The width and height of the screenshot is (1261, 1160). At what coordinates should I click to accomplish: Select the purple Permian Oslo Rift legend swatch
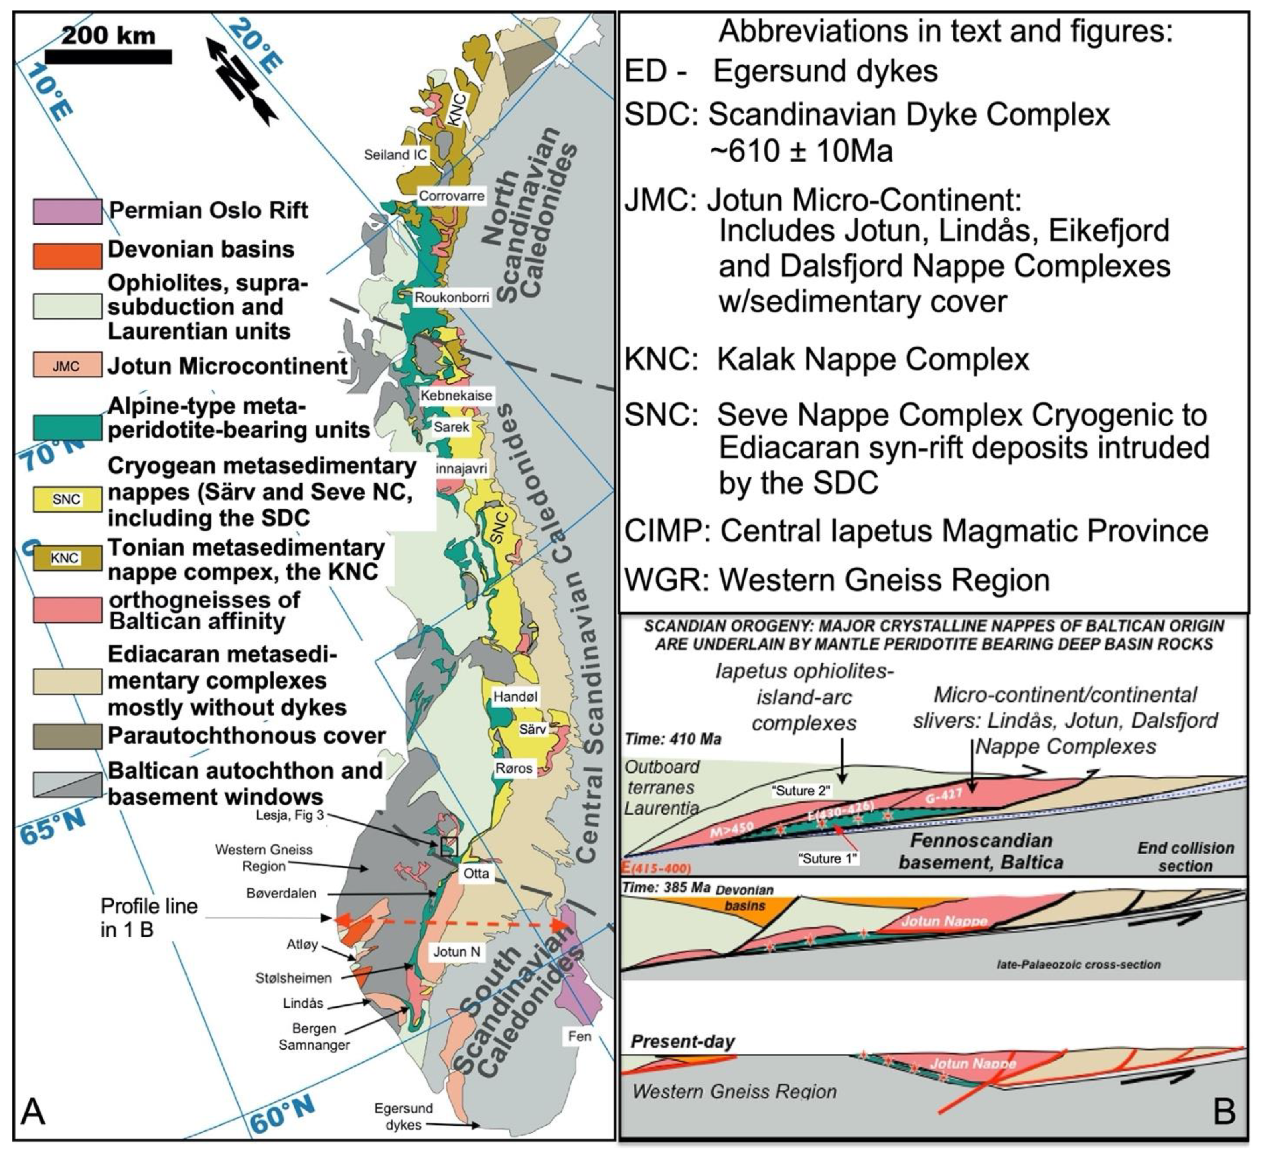[67, 211]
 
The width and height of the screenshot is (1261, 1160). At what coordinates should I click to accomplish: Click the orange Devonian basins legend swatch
[67, 256]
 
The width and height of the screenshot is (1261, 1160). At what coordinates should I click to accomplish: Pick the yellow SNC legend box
[67, 499]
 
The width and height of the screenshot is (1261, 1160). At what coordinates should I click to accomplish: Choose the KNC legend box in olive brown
[67, 558]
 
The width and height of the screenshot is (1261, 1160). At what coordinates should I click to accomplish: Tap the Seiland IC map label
[395, 154]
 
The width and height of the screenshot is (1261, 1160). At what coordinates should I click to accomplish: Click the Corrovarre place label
[451, 195]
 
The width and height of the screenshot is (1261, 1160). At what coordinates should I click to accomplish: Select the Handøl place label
[515, 696]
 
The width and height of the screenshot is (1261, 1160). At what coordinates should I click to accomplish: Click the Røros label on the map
[513, 768]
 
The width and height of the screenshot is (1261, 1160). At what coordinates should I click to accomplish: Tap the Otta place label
[476, 873]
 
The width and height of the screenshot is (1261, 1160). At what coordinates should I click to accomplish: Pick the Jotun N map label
[456, 951]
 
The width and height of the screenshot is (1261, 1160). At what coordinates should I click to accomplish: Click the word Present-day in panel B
[682, 1042]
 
